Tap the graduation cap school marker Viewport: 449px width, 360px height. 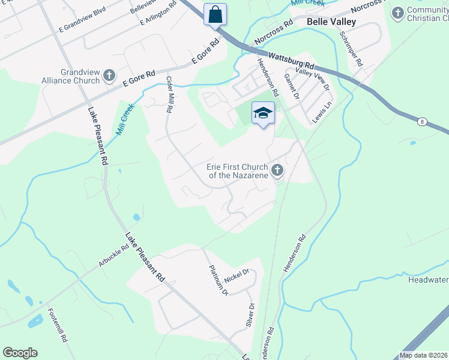tap(262, 113)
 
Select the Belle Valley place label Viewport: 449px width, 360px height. tap(331, 22)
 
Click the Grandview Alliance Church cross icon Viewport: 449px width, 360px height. tap(109, 76)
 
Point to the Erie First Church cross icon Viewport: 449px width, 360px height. tap(277, 171)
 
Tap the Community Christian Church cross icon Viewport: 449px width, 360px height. tap(397, 13)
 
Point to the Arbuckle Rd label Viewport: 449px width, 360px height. tap(113, 256)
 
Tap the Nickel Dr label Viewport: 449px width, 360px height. tap(236, 277)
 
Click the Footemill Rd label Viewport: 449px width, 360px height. tap(58, 326)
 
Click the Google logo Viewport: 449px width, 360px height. tap(20, 353)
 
